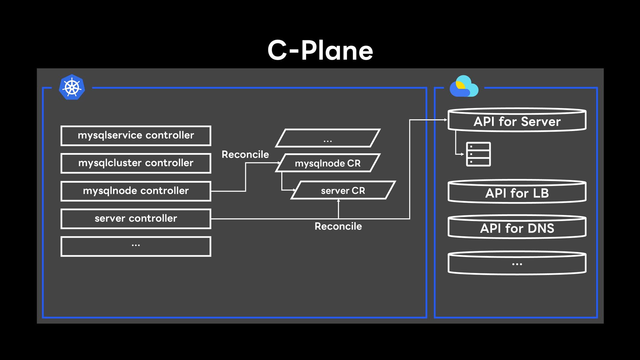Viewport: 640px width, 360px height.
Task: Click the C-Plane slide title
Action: [320, 50]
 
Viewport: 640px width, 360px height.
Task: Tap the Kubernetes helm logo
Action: [72, 87]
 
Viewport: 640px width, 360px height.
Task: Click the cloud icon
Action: [464, 86]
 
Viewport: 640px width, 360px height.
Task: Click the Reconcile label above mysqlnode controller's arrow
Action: [245, 154]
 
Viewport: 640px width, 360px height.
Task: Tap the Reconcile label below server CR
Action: [338, 226]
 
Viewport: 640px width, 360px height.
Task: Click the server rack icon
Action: [478, 154]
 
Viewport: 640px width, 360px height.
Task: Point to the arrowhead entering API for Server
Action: [446, 120]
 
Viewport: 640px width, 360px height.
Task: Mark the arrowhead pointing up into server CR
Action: [338, 201]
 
